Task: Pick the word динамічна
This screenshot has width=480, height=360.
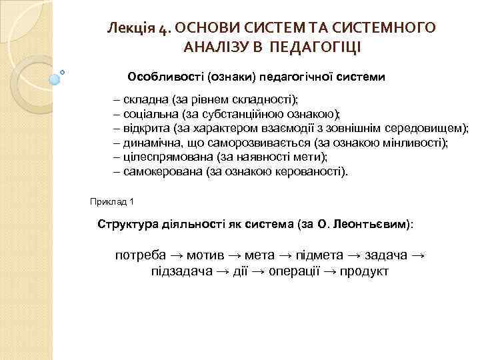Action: [149, 143]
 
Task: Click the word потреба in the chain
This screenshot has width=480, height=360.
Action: [141, 256]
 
